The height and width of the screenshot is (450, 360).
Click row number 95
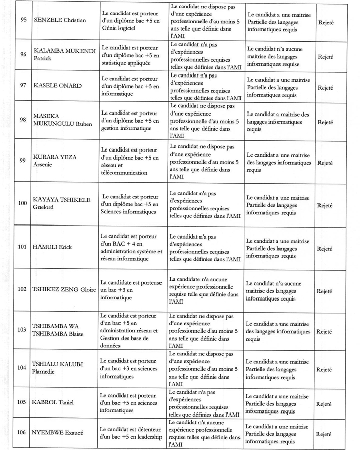(23, 21)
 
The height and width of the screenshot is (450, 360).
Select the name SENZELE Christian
(59, 21)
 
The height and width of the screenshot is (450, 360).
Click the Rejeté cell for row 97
(325, 87)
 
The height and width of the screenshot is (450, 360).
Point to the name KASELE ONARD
(57, 86)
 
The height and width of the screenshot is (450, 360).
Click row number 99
(23, 161)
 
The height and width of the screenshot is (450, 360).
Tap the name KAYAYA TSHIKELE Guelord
(62, 203)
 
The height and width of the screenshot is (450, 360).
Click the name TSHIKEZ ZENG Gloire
(64, 290)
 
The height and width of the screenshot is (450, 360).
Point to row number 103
(22, 330)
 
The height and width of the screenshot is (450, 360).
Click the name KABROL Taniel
(53, 403)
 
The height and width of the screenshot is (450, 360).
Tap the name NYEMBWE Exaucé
(57, 433)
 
